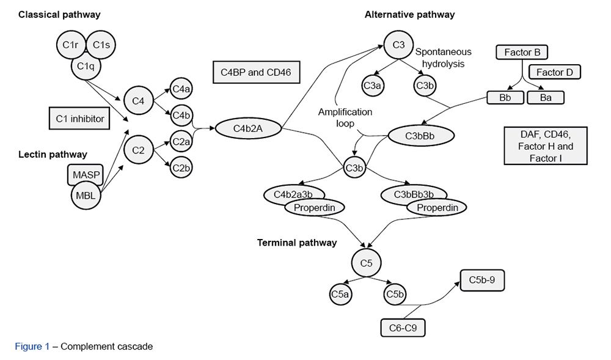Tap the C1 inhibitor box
point(79,119)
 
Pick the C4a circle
point(181,89)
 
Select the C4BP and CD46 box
point(256,72)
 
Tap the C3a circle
point(373,86)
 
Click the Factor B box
point(521,53)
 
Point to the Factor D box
point(554,72)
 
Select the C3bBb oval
point(420,135)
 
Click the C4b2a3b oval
point(293,194)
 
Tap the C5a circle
point(340,295)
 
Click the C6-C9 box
point(403,328)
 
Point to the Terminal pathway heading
point(297,243)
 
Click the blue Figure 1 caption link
point(32,347)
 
